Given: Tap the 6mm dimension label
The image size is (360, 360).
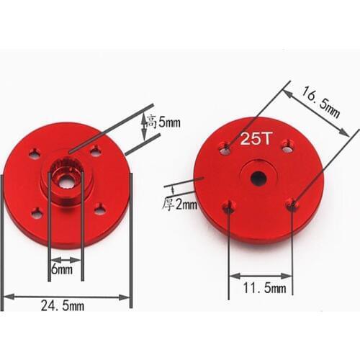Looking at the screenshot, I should coord(63,270).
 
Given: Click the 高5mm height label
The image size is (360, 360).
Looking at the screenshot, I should coord(163,123).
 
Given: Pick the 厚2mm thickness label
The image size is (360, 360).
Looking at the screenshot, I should coord(179,204).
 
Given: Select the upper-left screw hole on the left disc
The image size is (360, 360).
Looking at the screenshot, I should coord(35,153).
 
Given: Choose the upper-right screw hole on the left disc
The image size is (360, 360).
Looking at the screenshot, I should coord(95,150).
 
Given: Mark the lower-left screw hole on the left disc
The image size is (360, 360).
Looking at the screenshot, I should coord(37,212).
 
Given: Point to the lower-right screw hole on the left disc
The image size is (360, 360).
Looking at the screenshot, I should coord(99,210).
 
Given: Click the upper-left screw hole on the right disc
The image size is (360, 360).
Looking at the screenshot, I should coord(225,148).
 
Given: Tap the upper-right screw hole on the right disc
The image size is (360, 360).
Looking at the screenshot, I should coord(287,145).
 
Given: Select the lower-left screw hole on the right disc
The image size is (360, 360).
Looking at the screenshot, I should coord(229,207).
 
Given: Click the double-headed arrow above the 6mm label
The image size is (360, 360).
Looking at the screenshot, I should coord(66,259).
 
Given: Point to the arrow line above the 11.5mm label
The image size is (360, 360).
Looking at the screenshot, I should coord(260,275).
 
